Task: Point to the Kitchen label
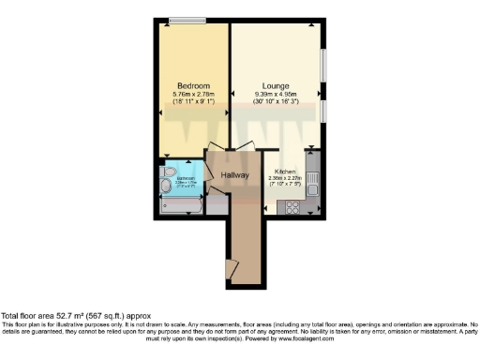tap(285, 172)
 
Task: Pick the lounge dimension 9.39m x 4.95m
tap(276, 94)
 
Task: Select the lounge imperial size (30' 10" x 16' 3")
tap(276, 101)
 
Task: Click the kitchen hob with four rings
tap(292, 207)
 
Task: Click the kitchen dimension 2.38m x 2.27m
tap(285, 179)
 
